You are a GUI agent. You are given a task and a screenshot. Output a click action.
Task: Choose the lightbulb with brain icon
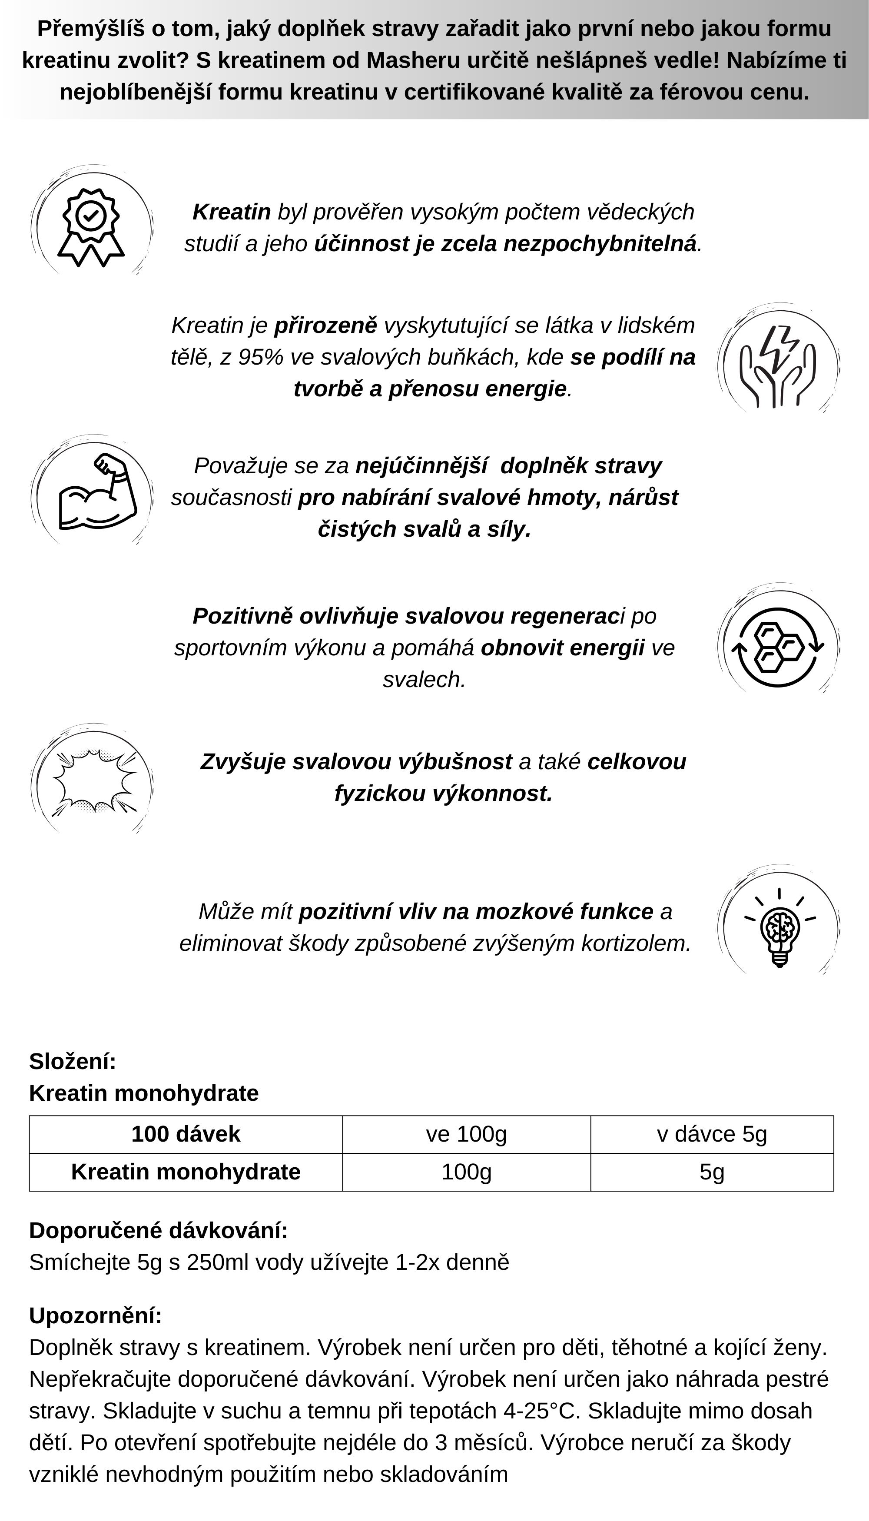click(779, 928)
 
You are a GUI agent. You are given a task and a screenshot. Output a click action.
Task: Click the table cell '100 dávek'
click(186, 1134)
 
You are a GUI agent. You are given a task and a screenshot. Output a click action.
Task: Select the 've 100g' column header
click(466, 1134)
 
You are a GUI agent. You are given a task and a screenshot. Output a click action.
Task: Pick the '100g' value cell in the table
click(466, 1172)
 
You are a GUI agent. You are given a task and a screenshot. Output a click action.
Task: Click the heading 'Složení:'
click(72, 1061)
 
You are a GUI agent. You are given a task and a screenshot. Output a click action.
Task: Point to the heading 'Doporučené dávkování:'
click(158, 1230)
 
